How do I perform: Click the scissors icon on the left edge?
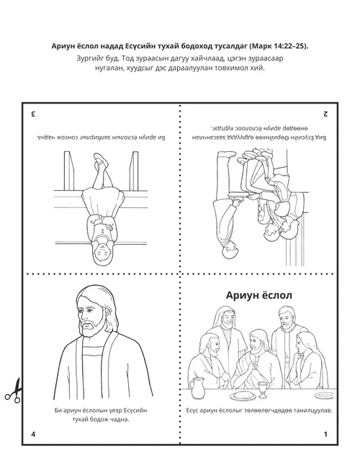[12, 390]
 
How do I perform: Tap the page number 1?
[325, 435]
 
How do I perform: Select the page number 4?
[33, 435]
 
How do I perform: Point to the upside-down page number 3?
[33, 114]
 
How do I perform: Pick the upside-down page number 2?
[325, 114]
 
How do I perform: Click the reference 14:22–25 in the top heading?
[283, 46]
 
